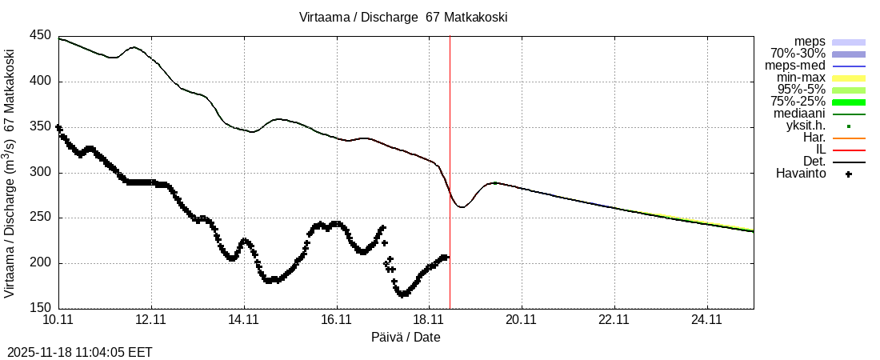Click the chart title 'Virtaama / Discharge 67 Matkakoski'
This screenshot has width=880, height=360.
tap(403, 17)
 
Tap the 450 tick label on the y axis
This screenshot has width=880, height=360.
tap(41, 37)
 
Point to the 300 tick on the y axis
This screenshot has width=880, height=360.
tap(41, 172)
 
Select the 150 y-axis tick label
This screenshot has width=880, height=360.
tap(41, 308)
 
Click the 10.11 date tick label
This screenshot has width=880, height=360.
tap(58, 320)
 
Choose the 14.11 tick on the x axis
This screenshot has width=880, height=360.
tap(243, 320)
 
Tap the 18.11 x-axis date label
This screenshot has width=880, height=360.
tap(429, 320)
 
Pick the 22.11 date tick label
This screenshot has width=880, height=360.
tap(614, 320)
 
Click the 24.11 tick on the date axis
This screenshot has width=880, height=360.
tap(706, 320)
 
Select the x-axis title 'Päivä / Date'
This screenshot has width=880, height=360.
tap(406, 337)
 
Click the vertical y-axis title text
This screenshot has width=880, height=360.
tap(10, 173)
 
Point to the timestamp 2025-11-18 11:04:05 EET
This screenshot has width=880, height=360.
tap(80, 352)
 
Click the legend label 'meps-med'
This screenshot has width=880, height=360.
tap(795, 66)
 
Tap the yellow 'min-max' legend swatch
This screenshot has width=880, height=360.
tap(849, 78)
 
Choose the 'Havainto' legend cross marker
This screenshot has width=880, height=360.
tap(849, 174)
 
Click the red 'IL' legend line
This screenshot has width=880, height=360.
tap(849, 150)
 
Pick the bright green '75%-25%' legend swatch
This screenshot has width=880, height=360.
tap(849, 102)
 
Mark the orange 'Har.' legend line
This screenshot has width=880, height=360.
tap(849, 138)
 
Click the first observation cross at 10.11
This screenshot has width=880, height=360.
tap(58, 127)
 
